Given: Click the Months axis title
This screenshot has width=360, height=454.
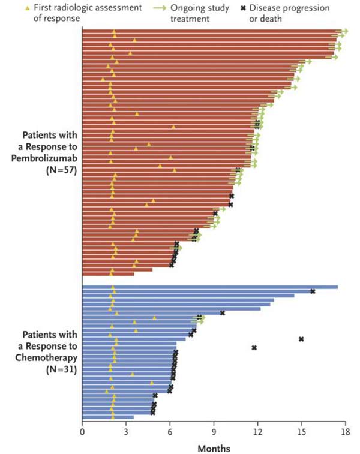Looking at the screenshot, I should [x=214, y=447].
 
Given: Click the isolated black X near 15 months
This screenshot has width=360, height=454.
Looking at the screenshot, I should [x=301, y=339].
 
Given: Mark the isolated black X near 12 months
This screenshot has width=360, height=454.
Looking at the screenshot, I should [x=254, y=348].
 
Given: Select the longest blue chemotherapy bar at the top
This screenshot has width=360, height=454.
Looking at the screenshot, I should [x=210, y=287].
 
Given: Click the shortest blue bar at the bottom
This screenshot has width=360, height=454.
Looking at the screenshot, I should [x=108, y=417].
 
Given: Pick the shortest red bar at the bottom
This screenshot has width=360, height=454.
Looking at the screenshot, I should [x=108, y=274].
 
